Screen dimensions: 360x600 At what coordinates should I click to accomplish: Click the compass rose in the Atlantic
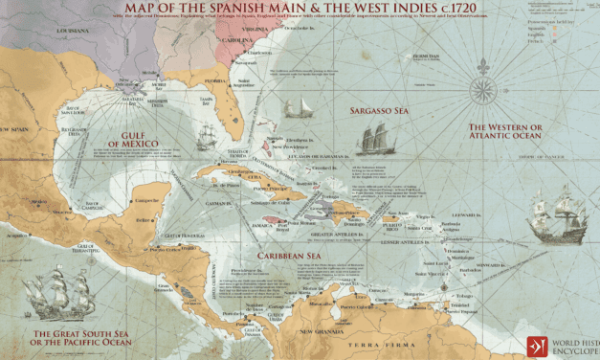coord(482,91)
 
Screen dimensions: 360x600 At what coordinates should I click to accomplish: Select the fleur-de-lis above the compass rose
coord(482,46)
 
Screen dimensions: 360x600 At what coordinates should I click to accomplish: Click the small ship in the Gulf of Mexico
coord(204,140)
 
